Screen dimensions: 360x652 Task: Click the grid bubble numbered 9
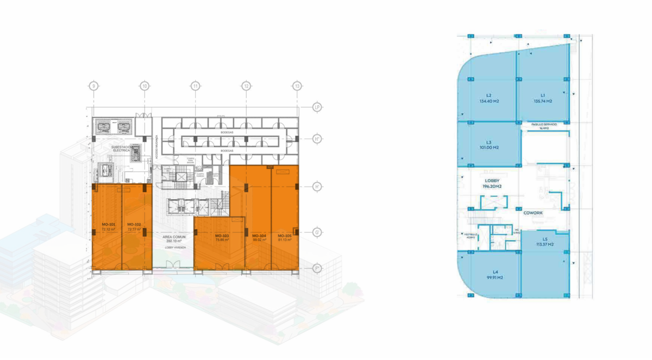point(94,86)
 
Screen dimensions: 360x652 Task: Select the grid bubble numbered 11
point(195,86)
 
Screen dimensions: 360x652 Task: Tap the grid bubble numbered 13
point(297,86)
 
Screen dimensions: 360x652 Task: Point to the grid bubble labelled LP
point(317,107)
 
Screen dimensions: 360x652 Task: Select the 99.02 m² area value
point(259,239)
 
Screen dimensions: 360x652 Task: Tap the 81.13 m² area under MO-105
point(285,239)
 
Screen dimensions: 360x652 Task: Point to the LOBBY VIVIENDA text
point(172,248)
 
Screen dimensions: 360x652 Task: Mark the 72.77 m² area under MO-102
point(134,229)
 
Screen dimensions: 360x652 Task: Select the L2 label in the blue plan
point(489,95)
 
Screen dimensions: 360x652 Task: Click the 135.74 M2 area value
point(543,101)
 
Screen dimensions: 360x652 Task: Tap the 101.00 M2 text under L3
point(489,148)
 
